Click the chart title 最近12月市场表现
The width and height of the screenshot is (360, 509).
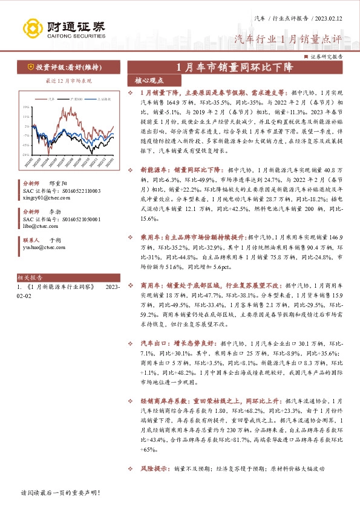click(x=68, y=80)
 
